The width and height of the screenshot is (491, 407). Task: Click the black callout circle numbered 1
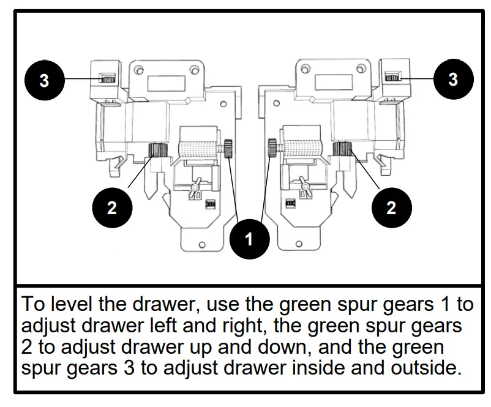[x=249, y=239]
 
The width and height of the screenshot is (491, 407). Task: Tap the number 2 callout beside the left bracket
[x=111, y=207]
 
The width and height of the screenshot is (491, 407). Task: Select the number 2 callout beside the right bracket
[x=391, y=207]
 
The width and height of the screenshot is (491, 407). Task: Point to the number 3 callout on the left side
[x=44, y=80]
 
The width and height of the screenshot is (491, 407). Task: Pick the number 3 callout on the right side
[x=452, y=80]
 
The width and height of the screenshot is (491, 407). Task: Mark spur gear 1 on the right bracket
[x=272, y=147]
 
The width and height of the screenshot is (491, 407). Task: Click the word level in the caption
[x=69, y=304]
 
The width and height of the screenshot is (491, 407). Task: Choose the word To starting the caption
[x=32, y=304]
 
